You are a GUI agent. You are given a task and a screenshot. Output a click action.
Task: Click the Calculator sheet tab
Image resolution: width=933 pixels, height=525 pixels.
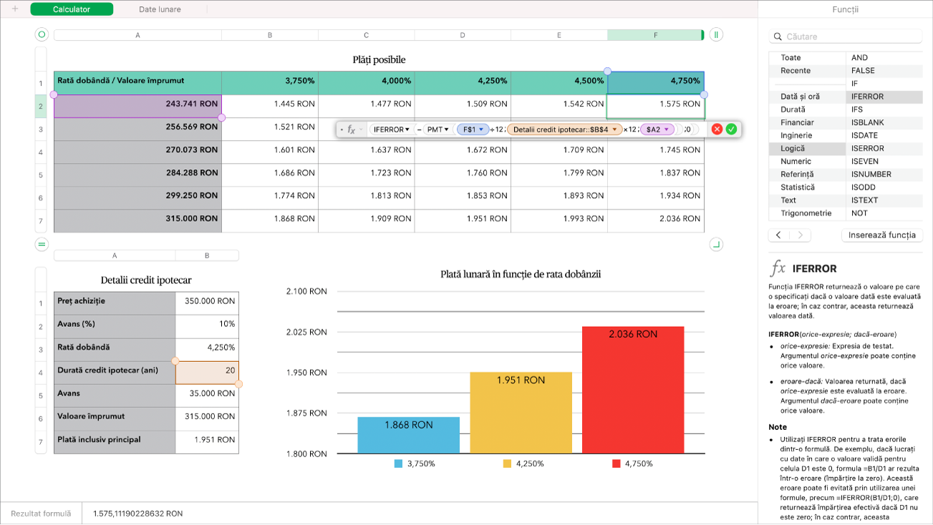pyautogui.click(x=72, y=9)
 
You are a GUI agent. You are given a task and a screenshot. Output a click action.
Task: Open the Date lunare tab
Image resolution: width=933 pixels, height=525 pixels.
pyautogui.click(x=160, y=9)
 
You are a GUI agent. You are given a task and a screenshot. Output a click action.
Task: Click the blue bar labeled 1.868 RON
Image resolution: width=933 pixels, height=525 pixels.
pyautogui.click(x=408, y=436)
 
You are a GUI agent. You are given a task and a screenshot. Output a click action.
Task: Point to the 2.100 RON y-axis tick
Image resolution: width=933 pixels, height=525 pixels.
pyautogui.click(x=306, y=291)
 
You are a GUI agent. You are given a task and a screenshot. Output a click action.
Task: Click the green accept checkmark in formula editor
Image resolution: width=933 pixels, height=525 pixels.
pyautogui.click(x=731, y=129)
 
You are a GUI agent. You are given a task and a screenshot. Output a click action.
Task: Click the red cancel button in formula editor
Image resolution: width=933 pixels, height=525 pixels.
pyautogui.click(x=717, y=129)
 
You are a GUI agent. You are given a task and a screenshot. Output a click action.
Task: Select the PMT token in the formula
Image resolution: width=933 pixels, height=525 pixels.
pyautogui.click(x=437, y=129)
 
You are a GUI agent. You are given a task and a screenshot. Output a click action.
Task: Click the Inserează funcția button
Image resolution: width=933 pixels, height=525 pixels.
pyautogui.click(x=881, y=235)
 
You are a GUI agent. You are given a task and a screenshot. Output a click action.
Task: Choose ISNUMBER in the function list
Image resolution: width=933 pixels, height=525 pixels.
pyautogui.click(x=871, y=174)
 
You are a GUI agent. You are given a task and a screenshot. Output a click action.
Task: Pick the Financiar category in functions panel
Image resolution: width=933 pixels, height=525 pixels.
pyautogui.click(x=796, y=122)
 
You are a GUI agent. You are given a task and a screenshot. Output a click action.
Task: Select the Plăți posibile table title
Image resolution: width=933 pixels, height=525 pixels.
pyautogui.click(x=379, y=60)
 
